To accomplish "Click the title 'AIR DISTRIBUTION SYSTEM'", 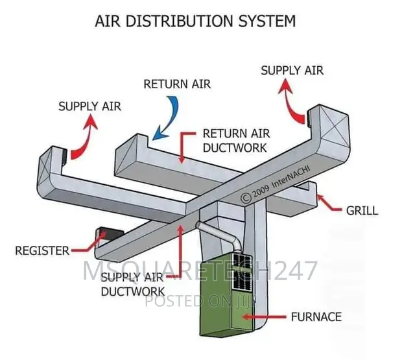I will pos(195,21).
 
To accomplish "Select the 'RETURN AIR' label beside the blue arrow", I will pos(177,84).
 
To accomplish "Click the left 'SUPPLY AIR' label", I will pos(89,105).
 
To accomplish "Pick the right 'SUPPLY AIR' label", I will pos(292,69).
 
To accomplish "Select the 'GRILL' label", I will pos(362,210).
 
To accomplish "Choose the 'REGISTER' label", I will pos(41,250).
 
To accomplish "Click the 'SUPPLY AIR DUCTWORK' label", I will pos(132,285).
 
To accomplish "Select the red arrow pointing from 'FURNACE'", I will pos(266,317).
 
